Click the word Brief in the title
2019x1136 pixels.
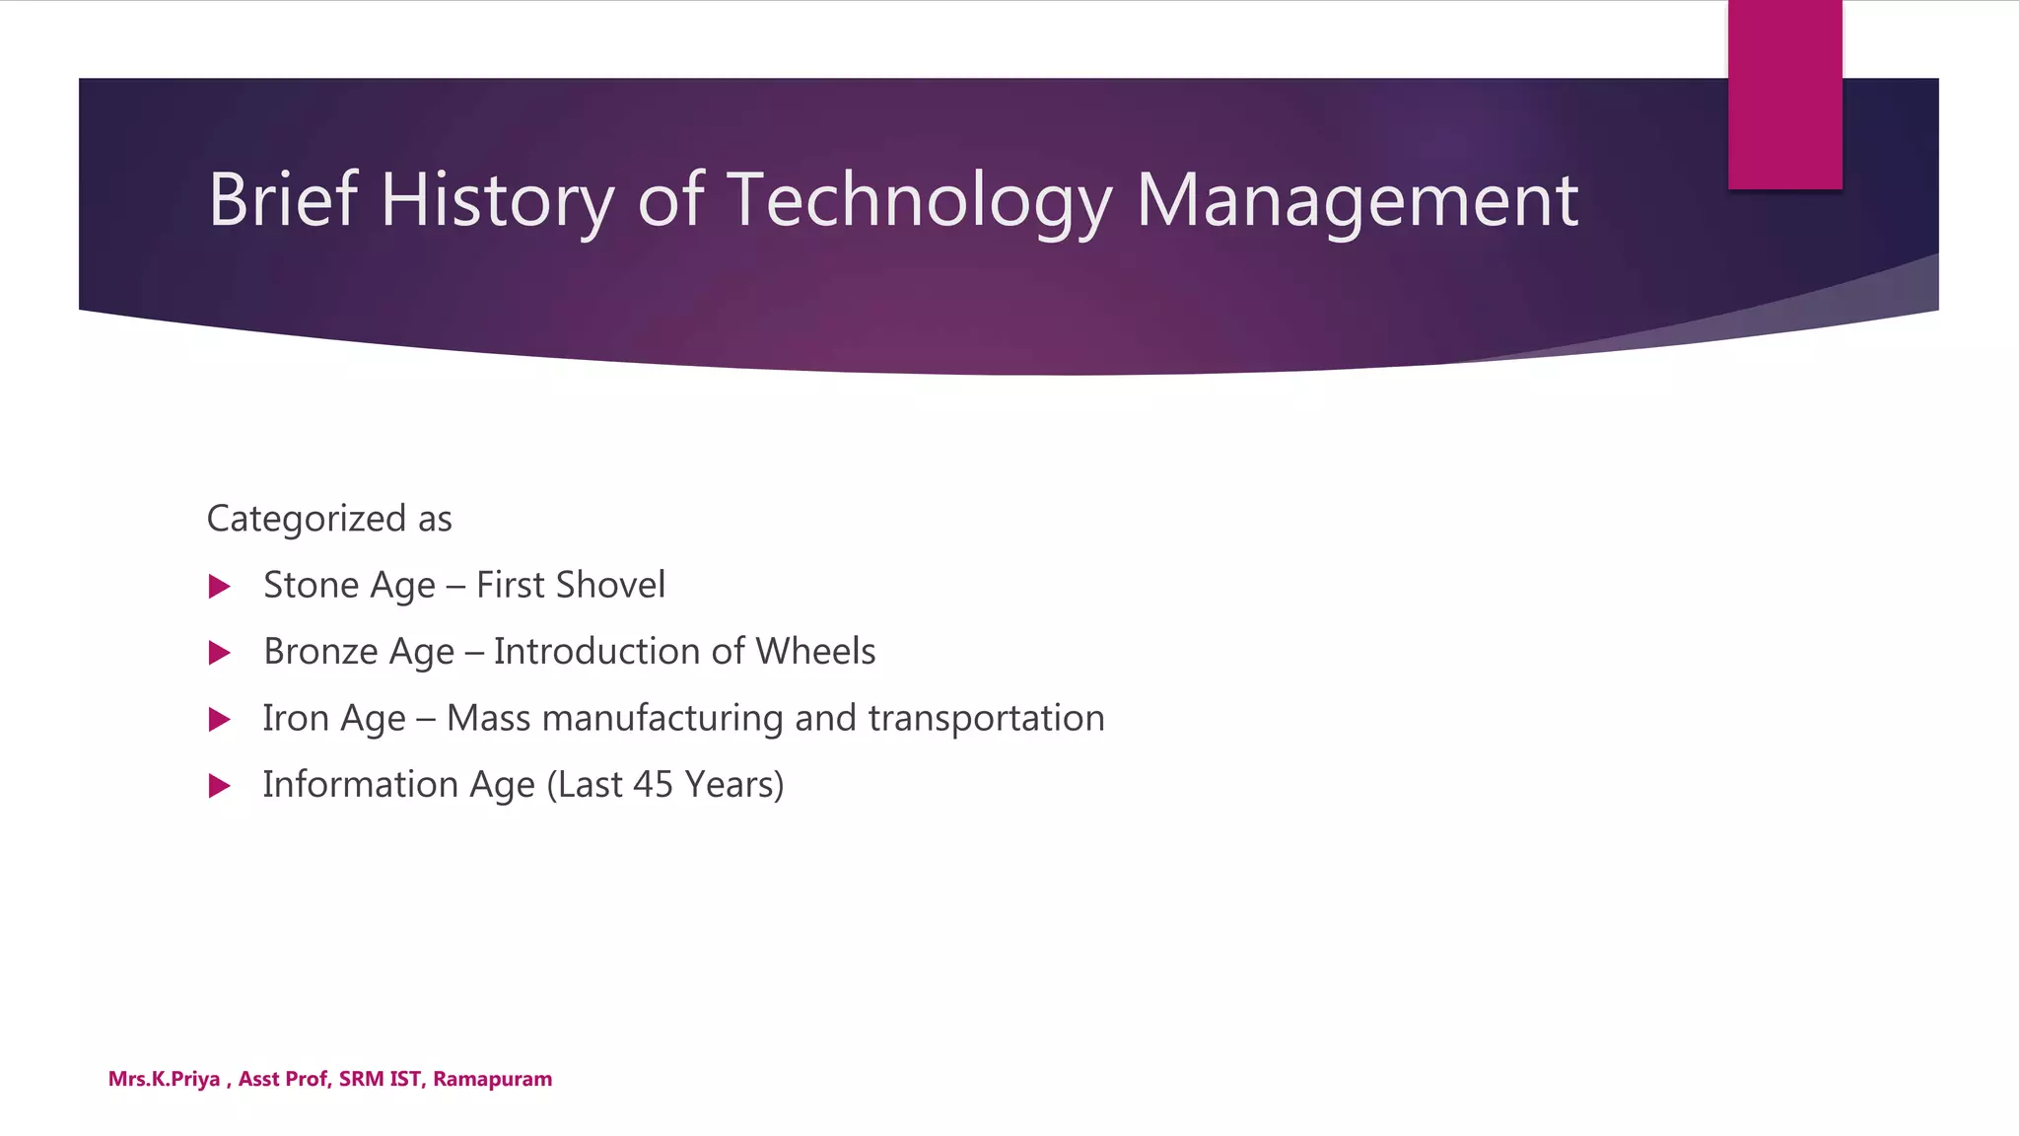(282, 200)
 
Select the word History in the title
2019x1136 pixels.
(497, 200)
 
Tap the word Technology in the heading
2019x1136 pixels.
(919, 200)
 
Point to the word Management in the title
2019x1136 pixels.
(1357, 200)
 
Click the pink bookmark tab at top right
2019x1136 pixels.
(1784, 95)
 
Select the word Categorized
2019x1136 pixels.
(306, 519)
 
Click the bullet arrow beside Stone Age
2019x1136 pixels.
(220, 587)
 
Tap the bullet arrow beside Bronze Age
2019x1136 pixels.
(220, 653)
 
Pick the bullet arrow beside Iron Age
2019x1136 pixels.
(220, 719)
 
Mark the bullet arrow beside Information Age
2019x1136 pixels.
(220, 786)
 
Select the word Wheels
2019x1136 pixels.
(815, 651)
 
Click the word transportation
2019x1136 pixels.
(986, 718)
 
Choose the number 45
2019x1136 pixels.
(653, 784)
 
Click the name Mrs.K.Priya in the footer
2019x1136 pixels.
(164, 1079)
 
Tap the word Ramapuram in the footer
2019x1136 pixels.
(492, 1079)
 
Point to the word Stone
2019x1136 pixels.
(311, 585)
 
